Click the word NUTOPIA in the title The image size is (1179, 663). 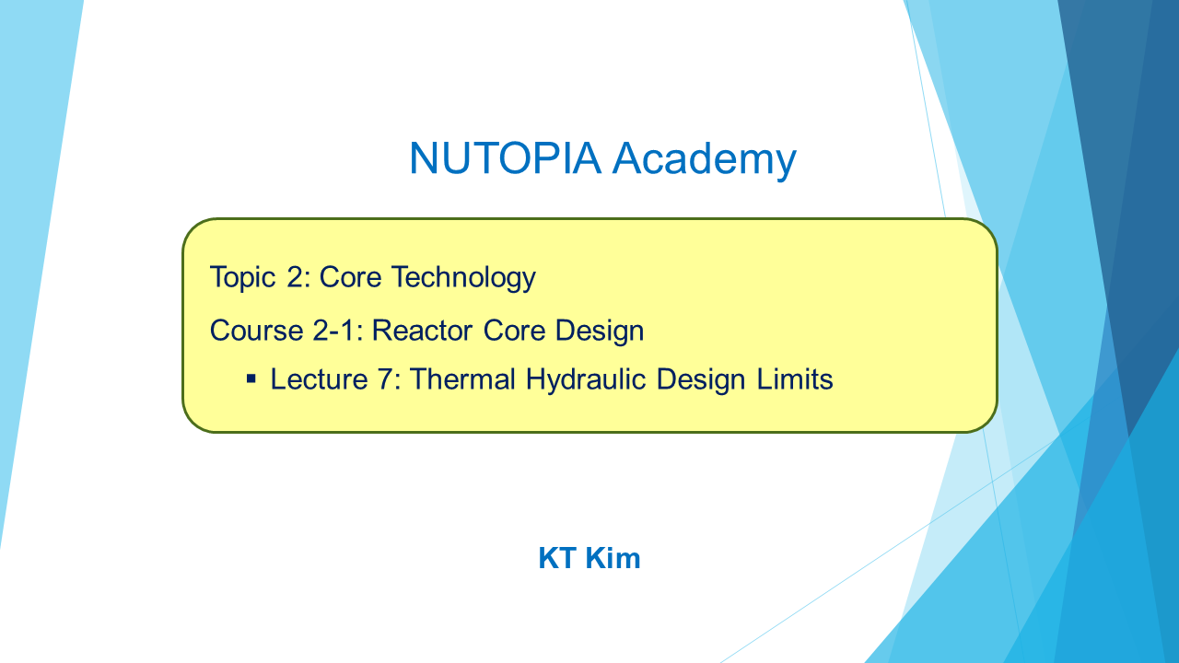coord(506,157)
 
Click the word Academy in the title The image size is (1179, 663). coord(705,160)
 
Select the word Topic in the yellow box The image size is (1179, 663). coord(242,278)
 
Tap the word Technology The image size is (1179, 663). coord(463,278)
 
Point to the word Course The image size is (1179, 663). coord(256,331)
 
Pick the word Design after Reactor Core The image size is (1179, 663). coord(600,331)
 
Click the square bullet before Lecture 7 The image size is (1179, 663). coord(251,378)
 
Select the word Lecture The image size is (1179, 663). coord(319,379)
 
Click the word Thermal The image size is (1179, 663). coord(462,378)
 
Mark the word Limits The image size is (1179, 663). coord(795,378)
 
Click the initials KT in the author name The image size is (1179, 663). coord(557,558)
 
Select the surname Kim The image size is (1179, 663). coord(613,558)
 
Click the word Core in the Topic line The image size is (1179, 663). coord(350,278)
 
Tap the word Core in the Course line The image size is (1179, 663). coord(514,331)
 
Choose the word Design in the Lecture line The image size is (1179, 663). coord(701,380)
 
